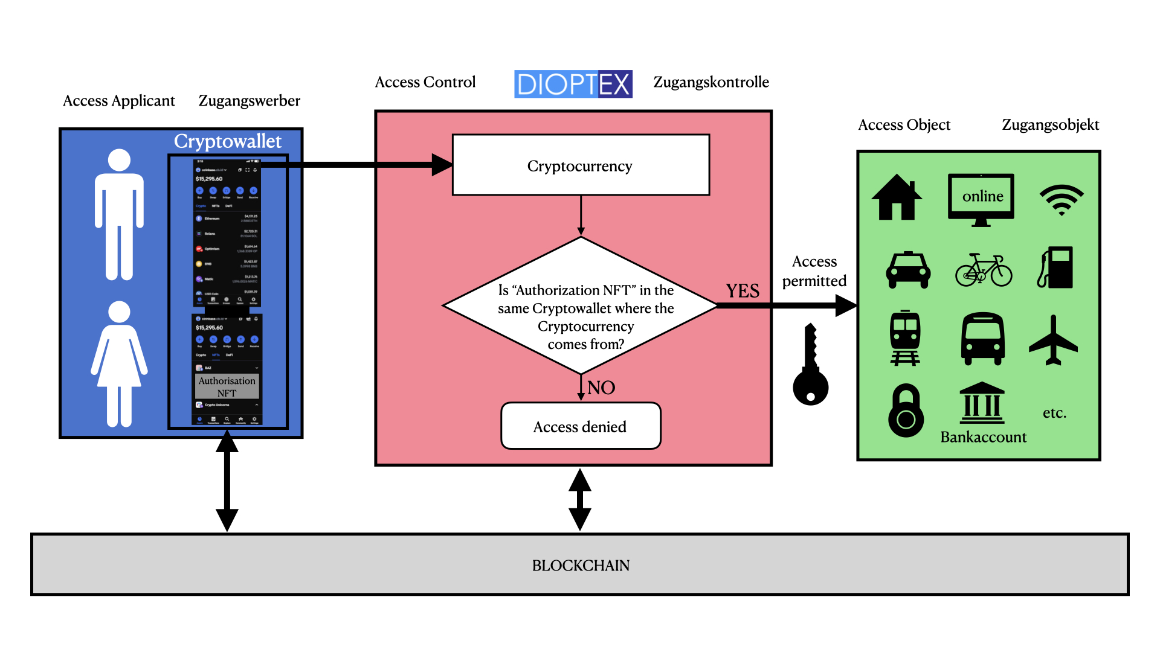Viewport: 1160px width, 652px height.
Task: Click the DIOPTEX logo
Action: pyautogui.click(x=573, y=84)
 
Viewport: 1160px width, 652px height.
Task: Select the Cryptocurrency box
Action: pyautogui.click(x=581, y=165)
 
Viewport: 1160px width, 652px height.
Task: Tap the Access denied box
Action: pyautogui.click(x=581, y=426)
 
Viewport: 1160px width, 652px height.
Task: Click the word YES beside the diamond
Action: pyautogui.click(x=743, y=291)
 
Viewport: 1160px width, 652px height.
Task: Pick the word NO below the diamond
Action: pyautogui.click(x=601, y=388)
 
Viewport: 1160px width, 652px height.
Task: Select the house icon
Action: pyautogui.click(x=897, y=197)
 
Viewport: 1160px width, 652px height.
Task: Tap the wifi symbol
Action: pyautogui.click(x=1061, y=200)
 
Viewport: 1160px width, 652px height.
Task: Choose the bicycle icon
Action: pyautogui.click(x=984, y=270)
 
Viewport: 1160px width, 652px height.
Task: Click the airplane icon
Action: pyautogui.click(x=1053, y=340)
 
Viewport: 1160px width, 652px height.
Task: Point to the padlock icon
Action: pyautogui.click(x=906, y=411)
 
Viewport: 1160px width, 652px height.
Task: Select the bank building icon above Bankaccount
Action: pyautogui.click(x=982, y=403)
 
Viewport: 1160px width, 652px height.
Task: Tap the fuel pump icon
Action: pyautogui.click(x=1056, y=267)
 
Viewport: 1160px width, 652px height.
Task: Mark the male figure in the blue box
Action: pyautogui.click(x=119, y=214)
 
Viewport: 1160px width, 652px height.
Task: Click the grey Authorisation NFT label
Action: pyautogui.click(x=227, y=386)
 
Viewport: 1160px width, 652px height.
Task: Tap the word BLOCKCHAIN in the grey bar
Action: pyautogui.click(x=581, y=565)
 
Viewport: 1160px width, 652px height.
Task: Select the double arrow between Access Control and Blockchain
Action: pyautogui.click(x=579, y=500)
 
